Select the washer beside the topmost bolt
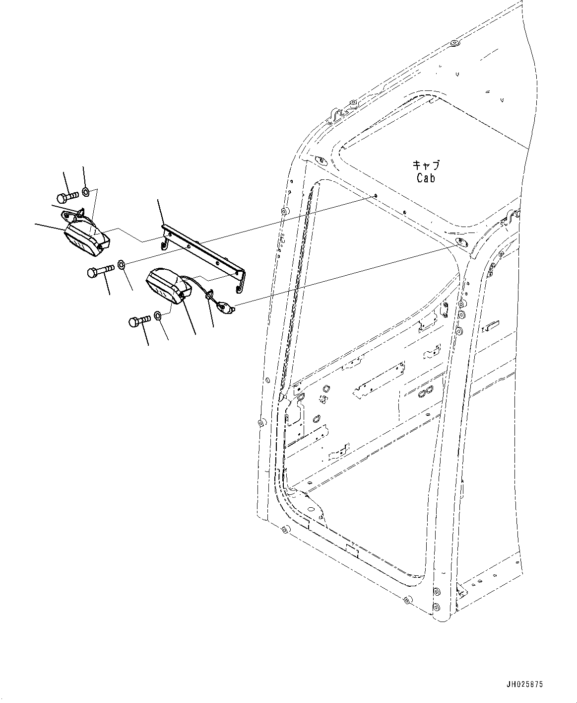[x=85, y=192]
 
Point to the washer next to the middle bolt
[x=122, y=263]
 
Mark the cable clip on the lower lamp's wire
[x=209, y=296]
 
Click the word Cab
[x=425, y=178]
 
